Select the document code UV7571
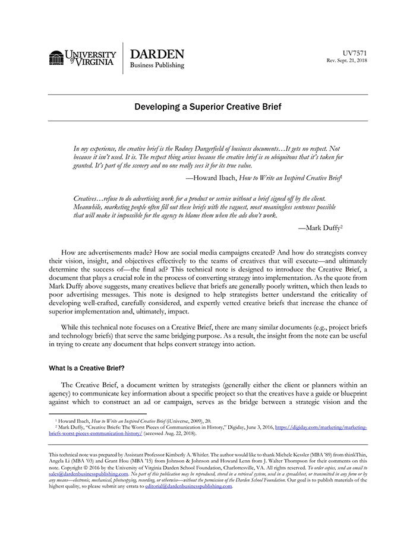tap(355, 53)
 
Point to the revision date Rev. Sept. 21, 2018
tap(347, 61)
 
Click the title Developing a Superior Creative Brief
tap(207, 107)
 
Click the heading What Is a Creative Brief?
tap(86, 368)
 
